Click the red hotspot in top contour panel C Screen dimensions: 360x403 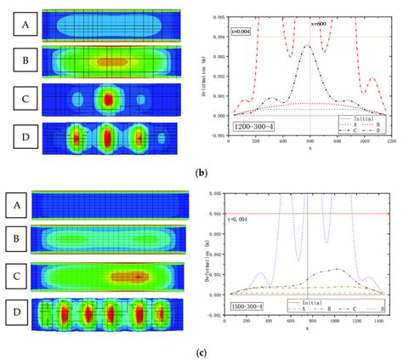(x=108, y=99)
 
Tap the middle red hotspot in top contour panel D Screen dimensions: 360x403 (x=108, y=136)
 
